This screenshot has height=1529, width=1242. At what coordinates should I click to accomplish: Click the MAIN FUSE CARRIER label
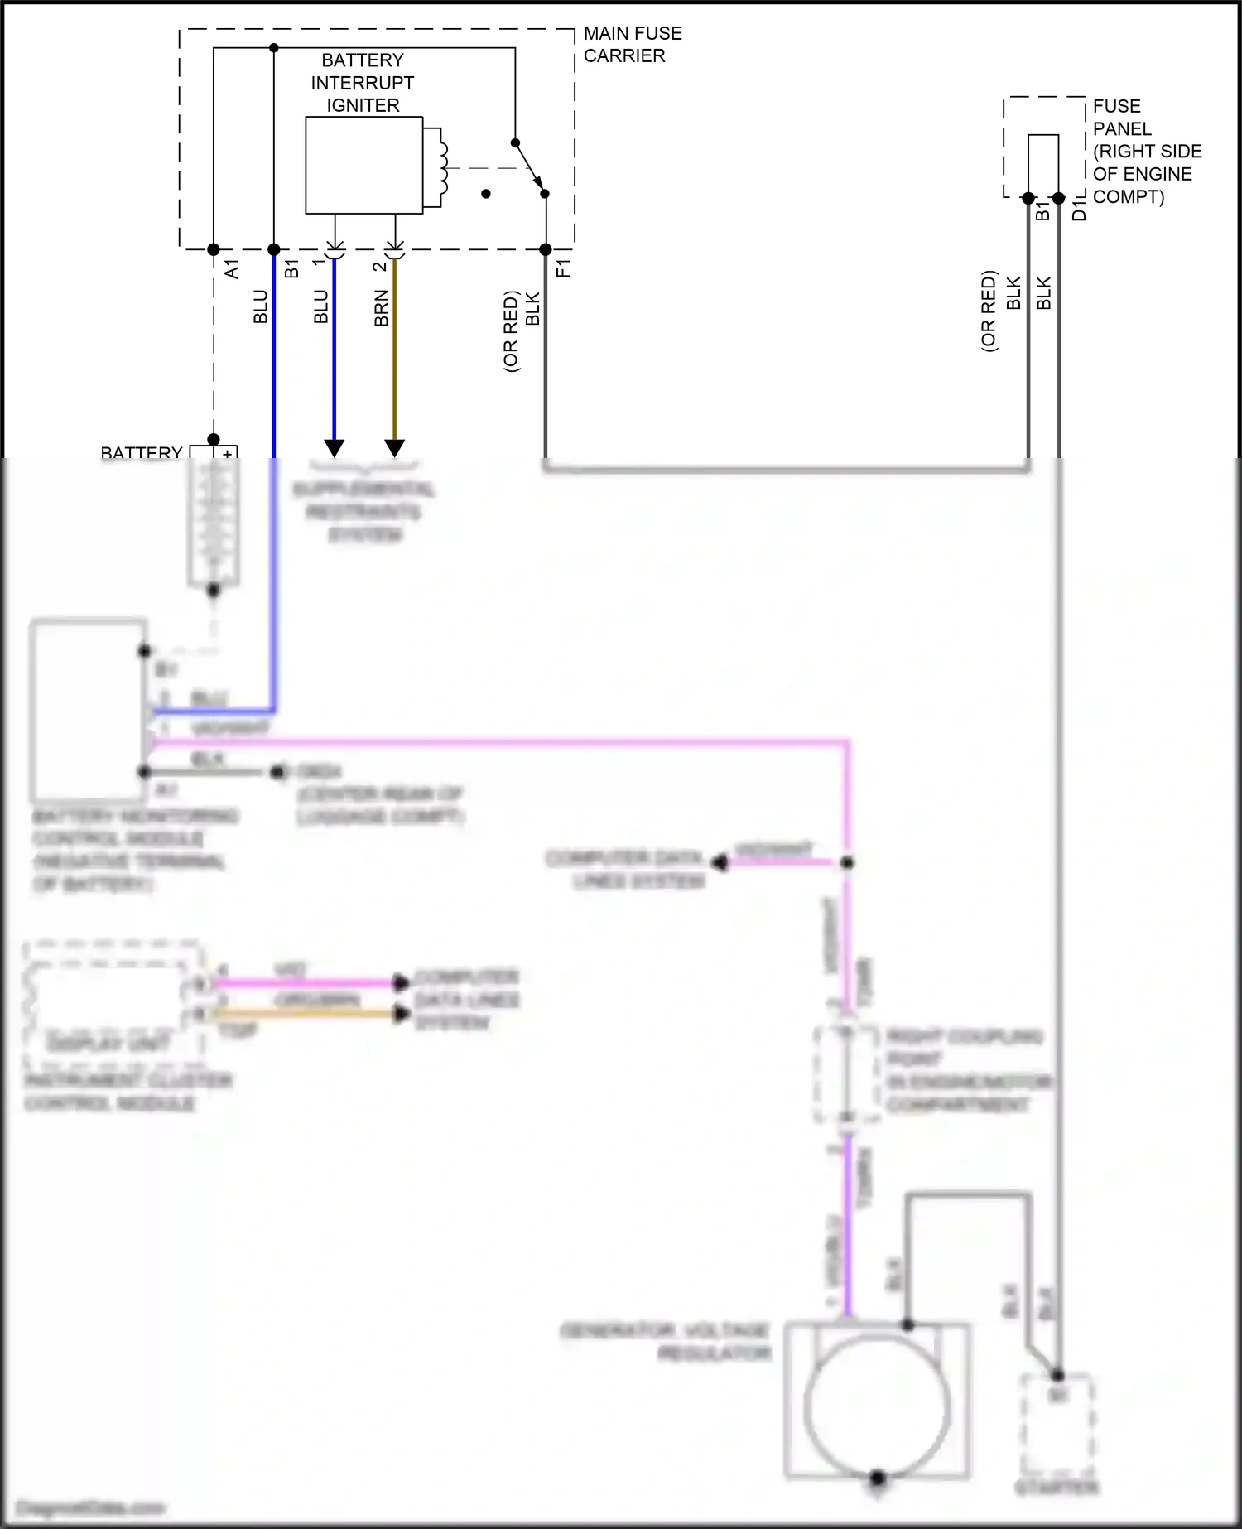(x=633, y=45)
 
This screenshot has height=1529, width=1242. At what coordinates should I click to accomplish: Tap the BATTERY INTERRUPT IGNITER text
(x=363, y=83)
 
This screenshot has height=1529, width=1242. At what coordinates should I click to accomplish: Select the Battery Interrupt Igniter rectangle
(x=364, y=165)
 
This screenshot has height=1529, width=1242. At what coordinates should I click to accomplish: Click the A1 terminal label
(x=232, y=268)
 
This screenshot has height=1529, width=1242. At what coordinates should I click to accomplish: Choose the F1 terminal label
(x=563, y=268)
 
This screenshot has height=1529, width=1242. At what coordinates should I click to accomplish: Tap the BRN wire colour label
(x=381, y=307)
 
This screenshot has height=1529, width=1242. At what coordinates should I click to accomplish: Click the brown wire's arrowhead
(x=395, y=447)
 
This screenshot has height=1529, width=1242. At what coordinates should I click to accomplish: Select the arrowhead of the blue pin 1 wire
(x=335, y=447)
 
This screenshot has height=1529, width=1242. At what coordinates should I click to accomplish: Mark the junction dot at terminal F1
(x=546, y=249)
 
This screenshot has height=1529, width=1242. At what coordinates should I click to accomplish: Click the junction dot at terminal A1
(x=214, y=249)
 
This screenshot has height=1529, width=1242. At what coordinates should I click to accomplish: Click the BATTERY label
(x=141, y=453)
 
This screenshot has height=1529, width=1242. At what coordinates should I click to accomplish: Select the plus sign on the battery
(x=227, y=454)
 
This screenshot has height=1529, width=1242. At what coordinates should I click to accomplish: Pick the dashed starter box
(x=1057, y=1423)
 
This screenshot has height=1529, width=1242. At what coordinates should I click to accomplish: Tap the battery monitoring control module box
(x=88, y=709)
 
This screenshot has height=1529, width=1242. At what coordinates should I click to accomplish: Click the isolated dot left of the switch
(x=486, y=194)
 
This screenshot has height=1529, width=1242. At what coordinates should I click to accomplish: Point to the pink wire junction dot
(x=847, y=862)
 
